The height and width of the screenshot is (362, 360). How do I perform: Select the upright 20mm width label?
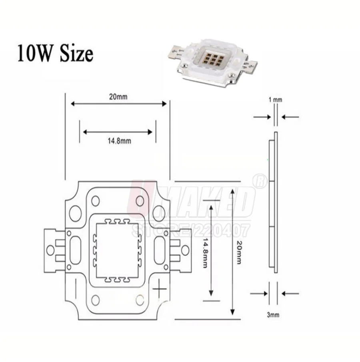(118, 96)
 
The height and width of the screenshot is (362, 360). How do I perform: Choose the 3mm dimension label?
(273, 315)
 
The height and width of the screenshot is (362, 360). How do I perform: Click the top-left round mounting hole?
(95, 201)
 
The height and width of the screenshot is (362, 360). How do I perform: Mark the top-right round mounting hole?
(140, 201)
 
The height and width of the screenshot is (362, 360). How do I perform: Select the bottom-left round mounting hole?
(95, 299)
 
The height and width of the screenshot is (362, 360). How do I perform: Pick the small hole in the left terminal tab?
(50, 250)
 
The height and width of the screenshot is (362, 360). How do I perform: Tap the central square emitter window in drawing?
(118, 251)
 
